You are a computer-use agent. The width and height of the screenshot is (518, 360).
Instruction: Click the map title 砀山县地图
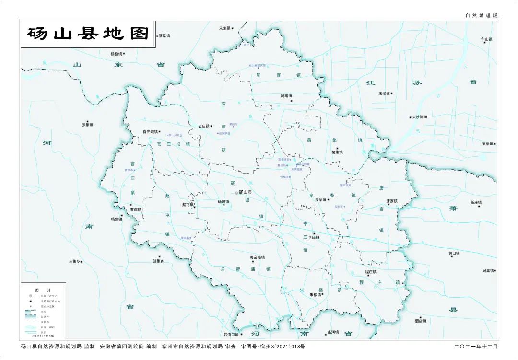pos(89,34)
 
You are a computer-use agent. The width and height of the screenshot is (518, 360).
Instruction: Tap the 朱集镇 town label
pos(225,28)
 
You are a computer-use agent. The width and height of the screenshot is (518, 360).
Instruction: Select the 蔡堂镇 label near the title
pos(164,35)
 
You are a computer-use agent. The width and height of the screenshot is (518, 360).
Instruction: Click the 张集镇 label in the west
pos(88,125)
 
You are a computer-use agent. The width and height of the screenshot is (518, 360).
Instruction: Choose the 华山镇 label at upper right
pos(486,39)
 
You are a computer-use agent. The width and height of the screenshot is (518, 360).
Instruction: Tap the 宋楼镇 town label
pos(384,93)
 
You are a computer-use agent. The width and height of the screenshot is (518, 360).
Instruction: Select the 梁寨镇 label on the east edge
pos(487,143)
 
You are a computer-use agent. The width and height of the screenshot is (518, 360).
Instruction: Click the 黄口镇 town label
pos(454,253)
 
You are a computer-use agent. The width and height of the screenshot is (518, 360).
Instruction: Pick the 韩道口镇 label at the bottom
pos(231,334)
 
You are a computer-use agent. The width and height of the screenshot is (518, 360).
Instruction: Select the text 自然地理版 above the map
pos(482,16)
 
